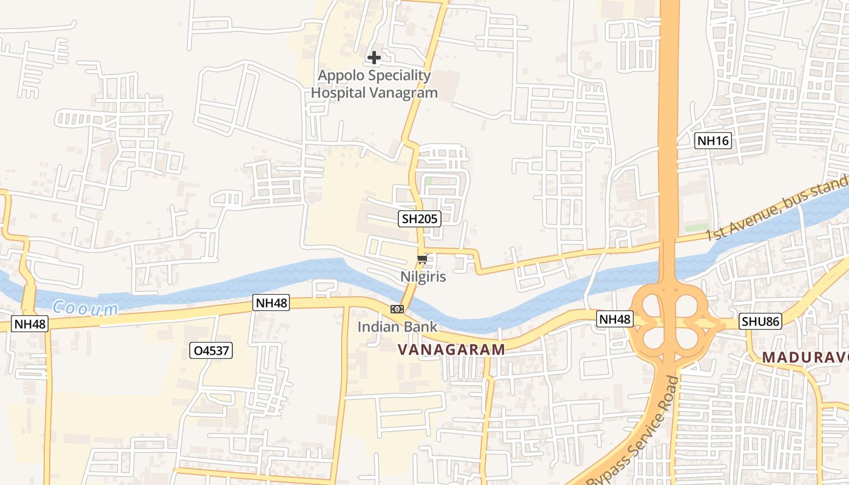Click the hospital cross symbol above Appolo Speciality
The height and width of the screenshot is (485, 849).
pos(374,58)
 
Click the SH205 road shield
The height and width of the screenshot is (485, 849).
pos(419,219)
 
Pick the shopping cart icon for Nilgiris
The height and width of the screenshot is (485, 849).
pos(423,259)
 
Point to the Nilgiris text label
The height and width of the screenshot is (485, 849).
pos(423,277)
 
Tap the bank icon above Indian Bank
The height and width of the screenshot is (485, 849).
pos(397,309)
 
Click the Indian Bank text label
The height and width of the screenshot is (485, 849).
pos(397,327)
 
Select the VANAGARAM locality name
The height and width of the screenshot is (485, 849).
pos(451,349)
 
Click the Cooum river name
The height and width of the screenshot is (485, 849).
pos(85,309)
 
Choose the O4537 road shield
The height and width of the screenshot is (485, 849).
pos(211,350)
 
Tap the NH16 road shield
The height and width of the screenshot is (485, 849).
pos(713,141)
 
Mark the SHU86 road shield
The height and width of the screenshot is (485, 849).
pos(760,321)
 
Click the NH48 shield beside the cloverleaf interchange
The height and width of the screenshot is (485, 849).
pos(615,319)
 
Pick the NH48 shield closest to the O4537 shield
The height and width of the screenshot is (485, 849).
pos(271,303)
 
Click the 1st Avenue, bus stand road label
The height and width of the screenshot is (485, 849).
pos(777,210)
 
